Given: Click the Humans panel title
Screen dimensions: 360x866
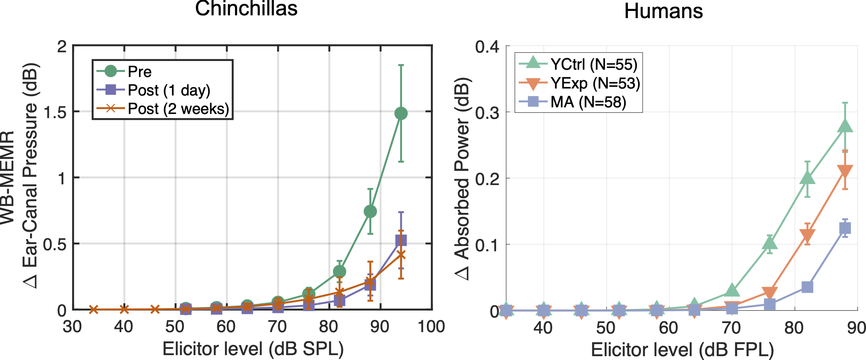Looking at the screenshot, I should (663, 11).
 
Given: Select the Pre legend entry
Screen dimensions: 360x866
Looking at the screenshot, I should (139, 71).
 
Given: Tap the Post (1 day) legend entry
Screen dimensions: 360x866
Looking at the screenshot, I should (169, 90).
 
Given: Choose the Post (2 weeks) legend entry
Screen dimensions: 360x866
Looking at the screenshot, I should (178, 109).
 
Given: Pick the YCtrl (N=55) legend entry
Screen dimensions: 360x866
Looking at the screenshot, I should (594, 64).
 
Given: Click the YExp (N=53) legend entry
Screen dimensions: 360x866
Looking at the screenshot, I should (595, 83).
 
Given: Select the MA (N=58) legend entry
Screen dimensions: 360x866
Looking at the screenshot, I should (588, 102).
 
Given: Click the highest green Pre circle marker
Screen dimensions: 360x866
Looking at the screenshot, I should (401, 113).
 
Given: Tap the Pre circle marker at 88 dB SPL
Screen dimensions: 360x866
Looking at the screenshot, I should (370, 211).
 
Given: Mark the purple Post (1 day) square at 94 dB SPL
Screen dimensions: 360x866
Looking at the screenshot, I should (401, 240).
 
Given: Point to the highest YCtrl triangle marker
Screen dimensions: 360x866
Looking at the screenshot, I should (845, 126).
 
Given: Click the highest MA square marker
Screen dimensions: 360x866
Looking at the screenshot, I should (845, 228).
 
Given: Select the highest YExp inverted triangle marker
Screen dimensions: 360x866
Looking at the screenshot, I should (845, 171).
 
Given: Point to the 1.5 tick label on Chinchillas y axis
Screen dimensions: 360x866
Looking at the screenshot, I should (55, 112).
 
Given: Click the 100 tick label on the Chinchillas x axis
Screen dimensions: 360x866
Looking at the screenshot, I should (431, 327).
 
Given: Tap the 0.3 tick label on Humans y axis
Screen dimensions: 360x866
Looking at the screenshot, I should (487, 113).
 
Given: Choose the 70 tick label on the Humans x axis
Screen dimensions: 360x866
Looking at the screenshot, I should (731, 328).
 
